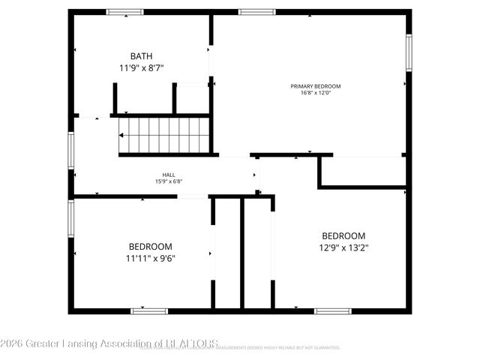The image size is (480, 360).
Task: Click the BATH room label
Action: point(141,56)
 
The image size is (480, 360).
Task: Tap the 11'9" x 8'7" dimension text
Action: point(141,67)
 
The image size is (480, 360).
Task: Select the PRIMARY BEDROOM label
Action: point(310,86)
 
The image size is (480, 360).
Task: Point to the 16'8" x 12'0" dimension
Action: point(310,93)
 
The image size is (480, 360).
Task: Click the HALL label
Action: point(169,174)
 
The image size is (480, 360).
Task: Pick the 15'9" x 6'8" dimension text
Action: point(169,181)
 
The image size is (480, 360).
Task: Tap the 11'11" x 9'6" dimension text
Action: point(151,258)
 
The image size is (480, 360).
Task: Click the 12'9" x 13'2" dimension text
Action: point(343,246)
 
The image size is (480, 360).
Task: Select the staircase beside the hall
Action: point(163,135)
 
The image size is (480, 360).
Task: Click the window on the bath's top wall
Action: point(124,12)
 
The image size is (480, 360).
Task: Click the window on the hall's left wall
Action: point(72,149)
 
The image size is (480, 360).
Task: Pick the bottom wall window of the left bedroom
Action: point(148,310)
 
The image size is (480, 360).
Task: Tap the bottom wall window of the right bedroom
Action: point(332,310)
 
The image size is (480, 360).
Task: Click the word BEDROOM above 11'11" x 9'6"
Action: point(151,247)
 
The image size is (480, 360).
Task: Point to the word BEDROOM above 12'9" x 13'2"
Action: point(343,235)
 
